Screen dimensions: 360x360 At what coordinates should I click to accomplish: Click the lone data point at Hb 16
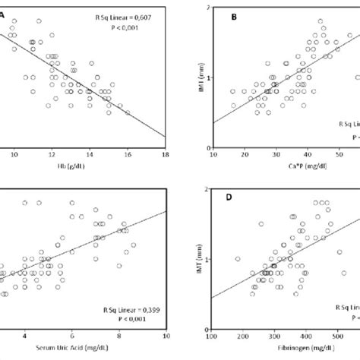[x=128, y=113]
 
